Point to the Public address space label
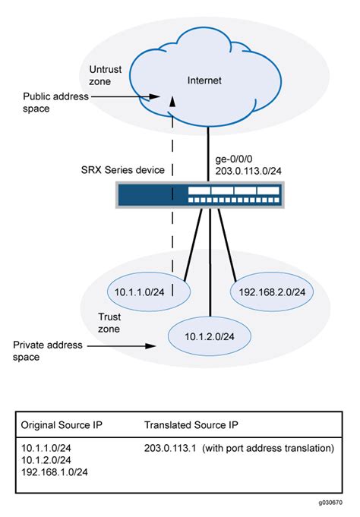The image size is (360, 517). tap(55, 103)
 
